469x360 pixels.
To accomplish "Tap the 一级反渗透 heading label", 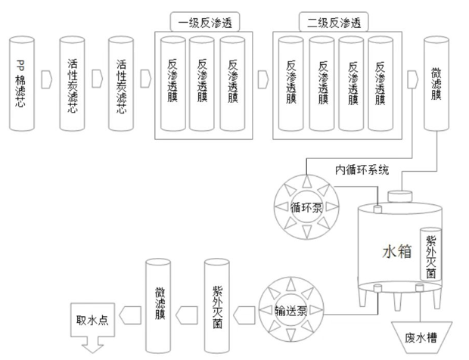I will (x=198, y=22).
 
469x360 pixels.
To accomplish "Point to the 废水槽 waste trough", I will (x=422, y=337).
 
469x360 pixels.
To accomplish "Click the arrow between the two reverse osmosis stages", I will (x=262, y=77).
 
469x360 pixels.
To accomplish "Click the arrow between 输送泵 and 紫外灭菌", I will (x=244, y=312).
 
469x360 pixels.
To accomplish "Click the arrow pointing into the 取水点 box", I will (x=129, y=312).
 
